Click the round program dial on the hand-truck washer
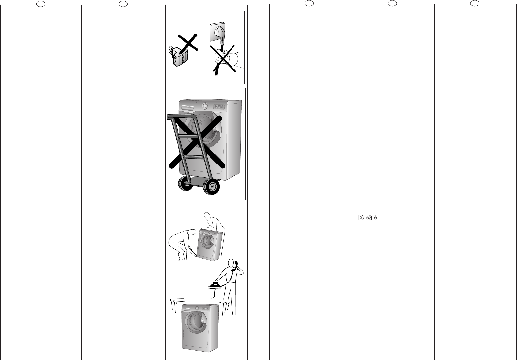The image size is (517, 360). point(205,106)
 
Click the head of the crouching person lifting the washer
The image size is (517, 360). point(191,232)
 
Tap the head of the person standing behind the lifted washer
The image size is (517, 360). point(209,216)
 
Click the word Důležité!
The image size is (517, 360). point(368,218)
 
